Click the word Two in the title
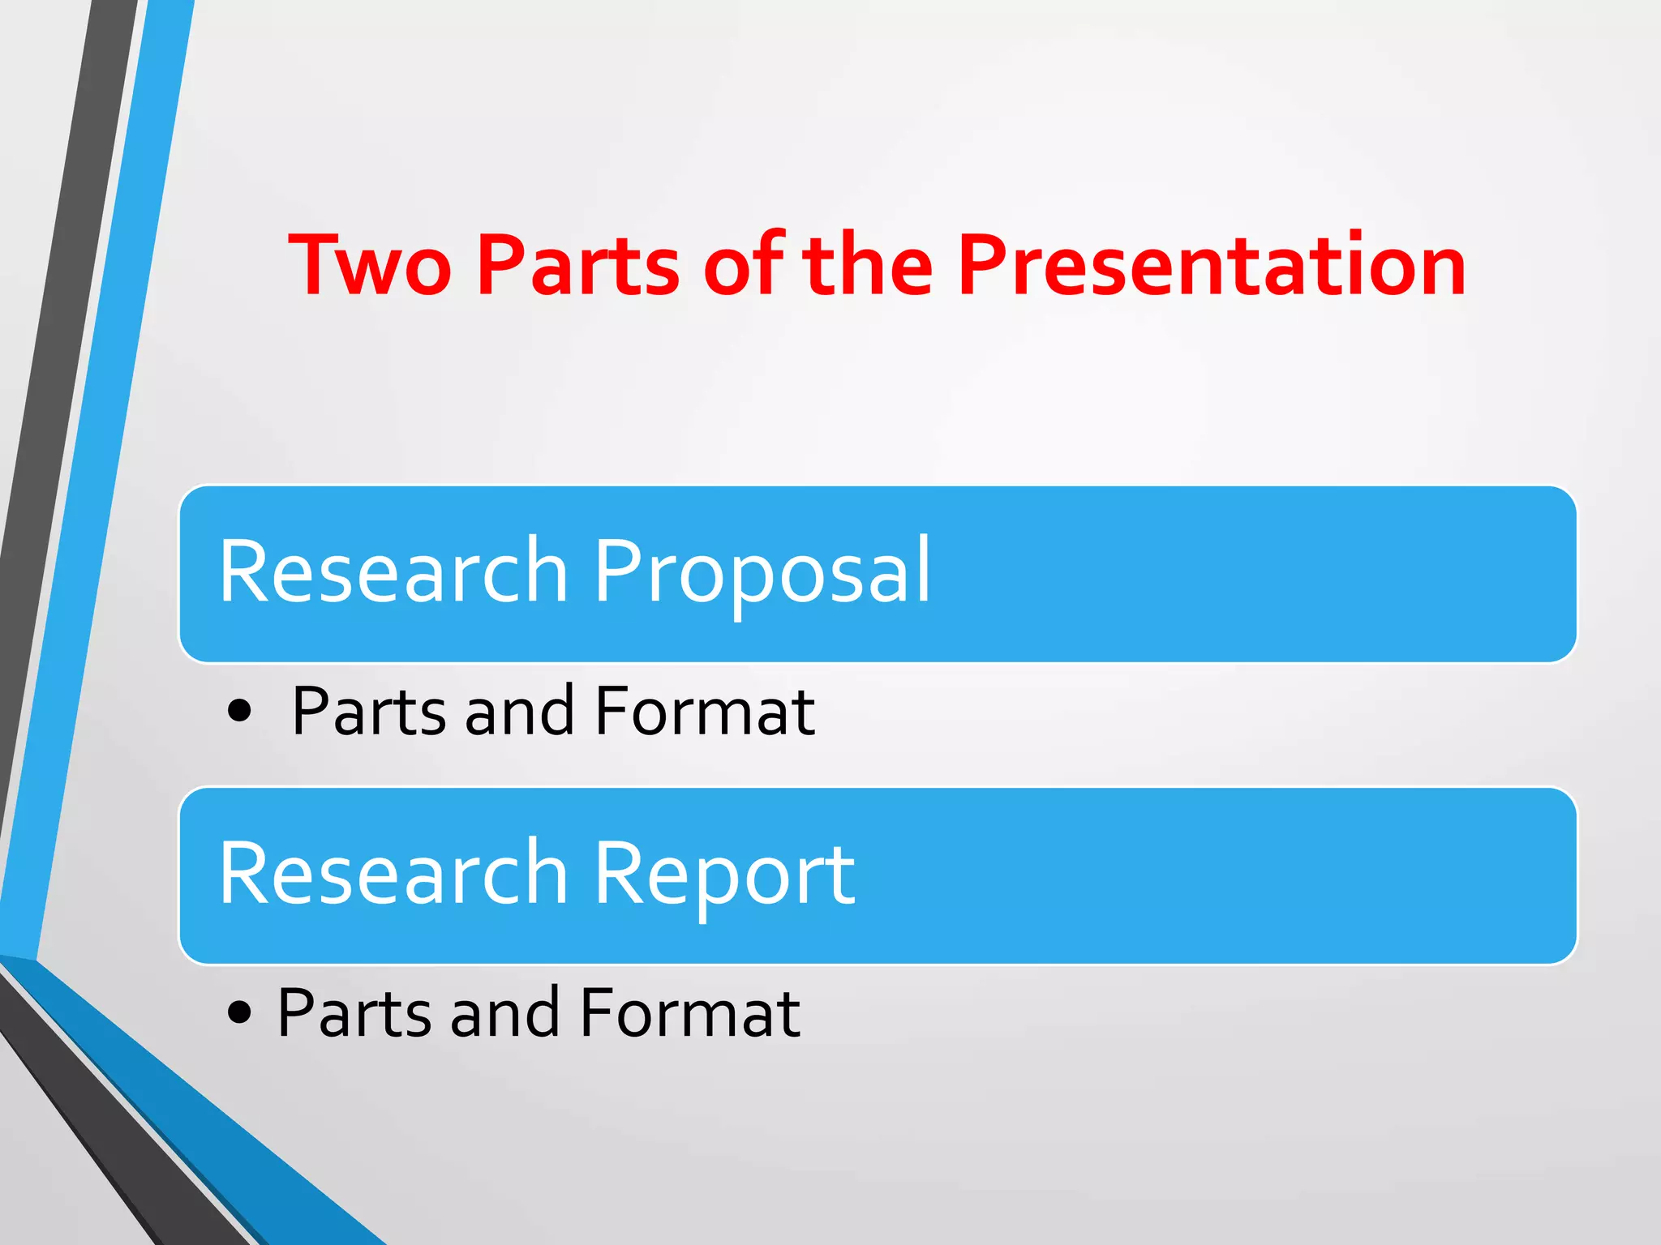(x=370, y=265)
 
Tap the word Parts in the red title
(x=578, y=265)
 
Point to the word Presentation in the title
(x=1212, y=265)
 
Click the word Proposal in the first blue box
(x=762, y=572)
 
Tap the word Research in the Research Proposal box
(x=394, y=572)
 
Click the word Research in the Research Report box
(x=394, y=875)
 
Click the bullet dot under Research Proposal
(x=239, y=712)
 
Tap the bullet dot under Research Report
(x=239, y=1012)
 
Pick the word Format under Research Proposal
(x=704, y=712)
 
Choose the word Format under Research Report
(x=689, y=1012)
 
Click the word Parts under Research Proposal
(x=369, y=712)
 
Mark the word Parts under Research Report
(x=354, y=1012)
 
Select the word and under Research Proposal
(x=519, y=712)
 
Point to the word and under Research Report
(x=504, y=1012)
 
